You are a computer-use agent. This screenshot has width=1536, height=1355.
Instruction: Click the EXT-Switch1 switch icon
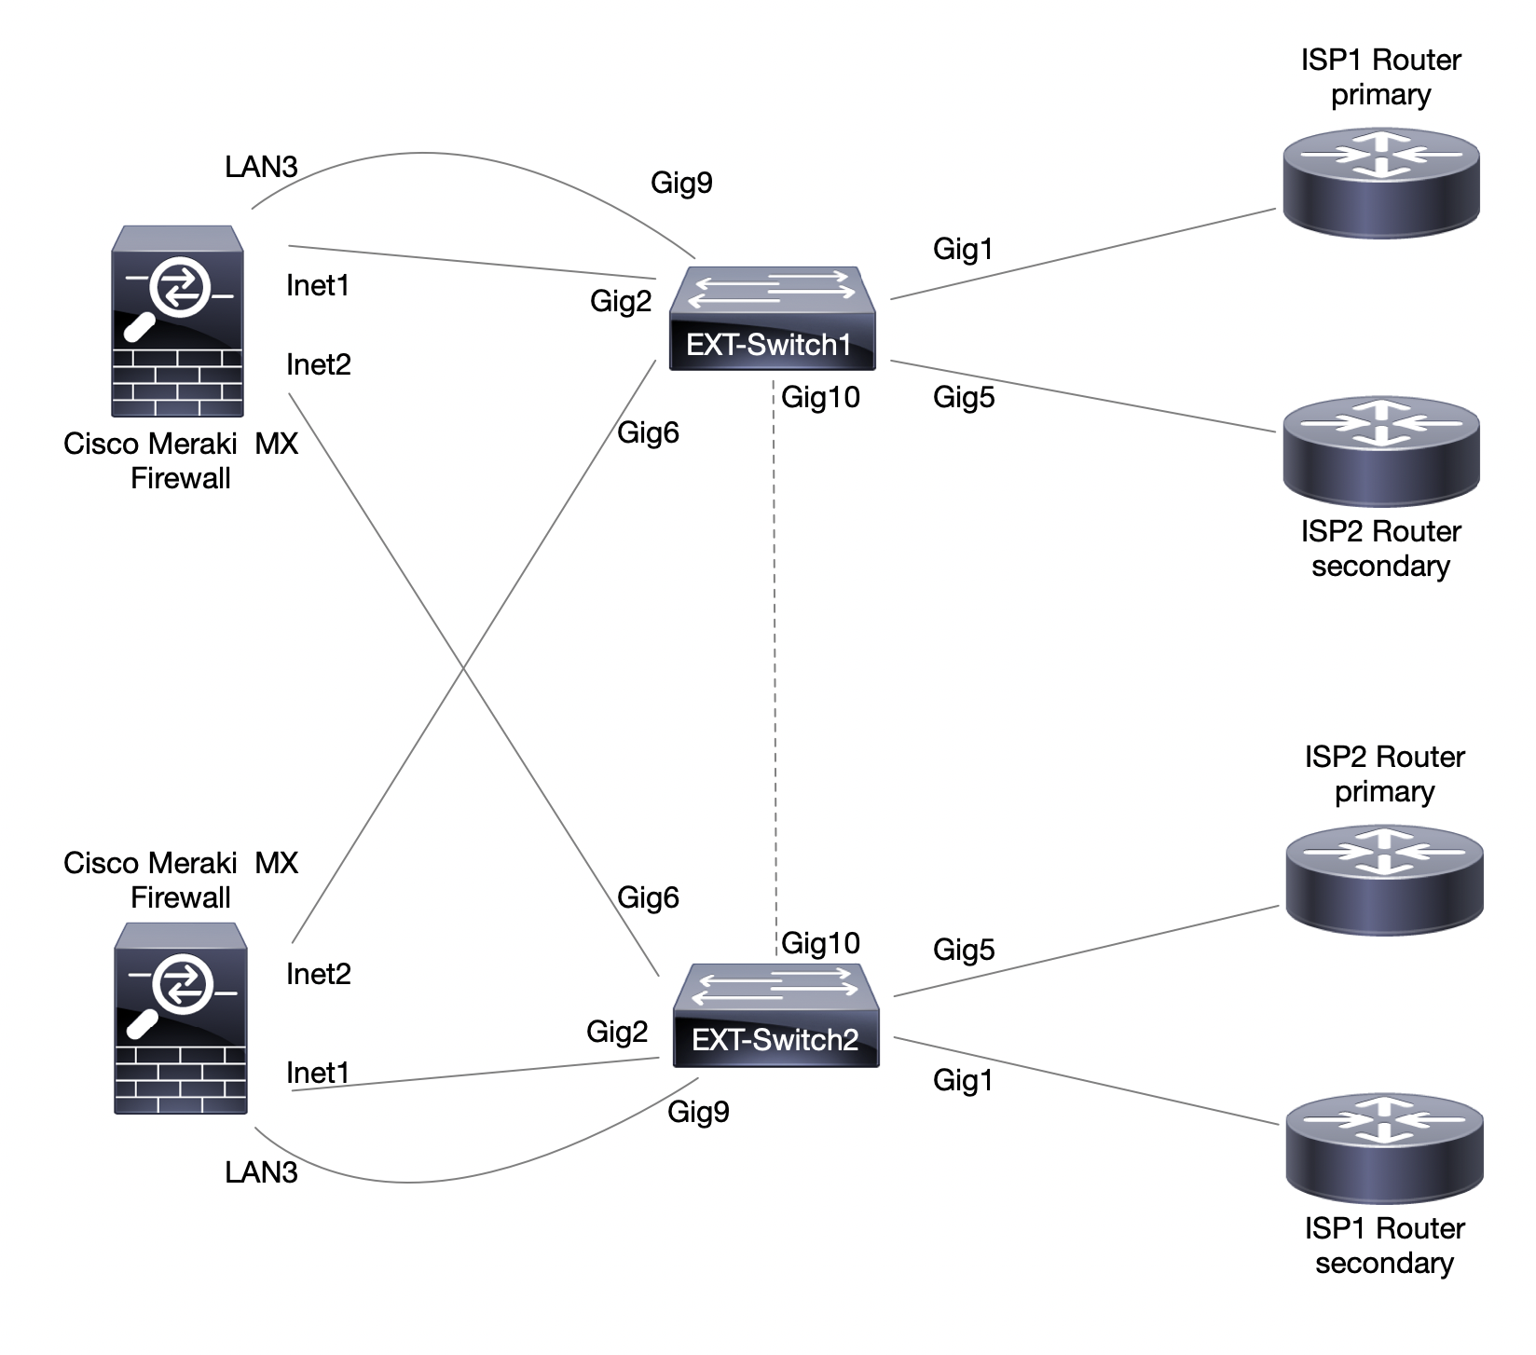click(x=773, y=318)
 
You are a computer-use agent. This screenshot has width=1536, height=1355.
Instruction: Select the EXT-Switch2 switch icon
click(x=775, y=1015)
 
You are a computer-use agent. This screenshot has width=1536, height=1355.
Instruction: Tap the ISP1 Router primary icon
click(x=1380, y=183)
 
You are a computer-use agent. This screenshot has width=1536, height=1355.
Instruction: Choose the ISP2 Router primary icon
click(x=1384, y=880)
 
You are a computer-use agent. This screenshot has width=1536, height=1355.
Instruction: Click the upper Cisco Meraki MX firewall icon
click(x=177, y=321)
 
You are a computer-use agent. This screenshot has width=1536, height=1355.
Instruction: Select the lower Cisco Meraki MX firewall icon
click(x=181, y=1019)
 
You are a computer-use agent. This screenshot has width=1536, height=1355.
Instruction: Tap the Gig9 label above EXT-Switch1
click(x=681, y=183)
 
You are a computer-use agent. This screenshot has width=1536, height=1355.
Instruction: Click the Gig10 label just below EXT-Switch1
click(x=820, y=398)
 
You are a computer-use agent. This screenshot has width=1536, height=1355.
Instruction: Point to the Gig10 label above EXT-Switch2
click(x=820, y=943)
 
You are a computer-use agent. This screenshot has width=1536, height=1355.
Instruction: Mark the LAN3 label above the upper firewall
click(x=261, y=167)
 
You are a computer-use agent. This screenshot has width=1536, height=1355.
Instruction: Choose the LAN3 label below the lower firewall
click(x=261, y=1172)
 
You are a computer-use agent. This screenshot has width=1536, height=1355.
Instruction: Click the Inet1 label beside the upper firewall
click(x=318, y=286)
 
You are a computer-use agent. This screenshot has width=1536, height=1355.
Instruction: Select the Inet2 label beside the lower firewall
click(x=319, y=975)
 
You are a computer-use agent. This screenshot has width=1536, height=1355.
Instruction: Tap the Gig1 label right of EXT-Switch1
click(x=963, y=250)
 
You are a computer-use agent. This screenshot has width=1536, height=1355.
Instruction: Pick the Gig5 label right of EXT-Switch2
click(x=964, y=951)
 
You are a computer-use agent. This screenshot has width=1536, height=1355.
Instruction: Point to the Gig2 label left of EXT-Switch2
click(x=617, y=1033)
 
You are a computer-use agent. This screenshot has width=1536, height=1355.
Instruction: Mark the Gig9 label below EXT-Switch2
click(x=698, y=1113)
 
